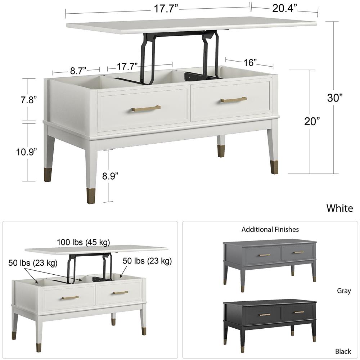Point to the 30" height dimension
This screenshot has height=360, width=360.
(335, 98)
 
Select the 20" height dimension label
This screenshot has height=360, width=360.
(312, 122)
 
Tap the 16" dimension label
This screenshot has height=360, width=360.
(249, 63)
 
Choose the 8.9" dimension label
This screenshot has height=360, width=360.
(110, 176)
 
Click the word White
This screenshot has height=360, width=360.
(339, 208)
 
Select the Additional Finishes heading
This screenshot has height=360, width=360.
(270, 229)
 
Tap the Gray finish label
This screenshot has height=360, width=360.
(344, 291)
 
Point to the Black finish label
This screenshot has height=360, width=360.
(343, 351)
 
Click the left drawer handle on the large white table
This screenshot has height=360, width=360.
(146, 108)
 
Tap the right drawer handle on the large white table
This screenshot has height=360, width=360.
(234, 100)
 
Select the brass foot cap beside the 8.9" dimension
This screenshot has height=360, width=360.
(91, 195)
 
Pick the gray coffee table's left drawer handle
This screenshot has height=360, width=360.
(264, 255)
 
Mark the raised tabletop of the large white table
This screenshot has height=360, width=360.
(191, 25)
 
